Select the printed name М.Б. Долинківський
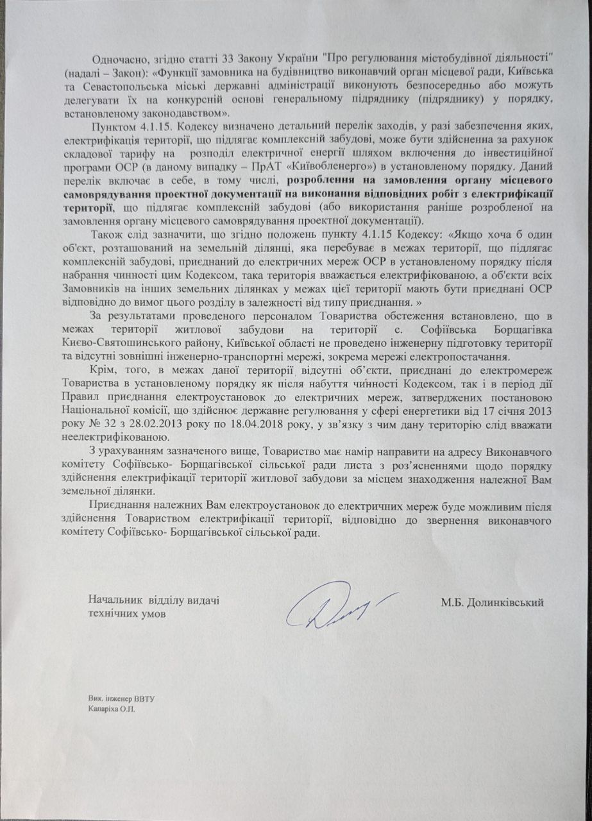coord(492,602)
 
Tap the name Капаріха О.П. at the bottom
coord(113,709)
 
